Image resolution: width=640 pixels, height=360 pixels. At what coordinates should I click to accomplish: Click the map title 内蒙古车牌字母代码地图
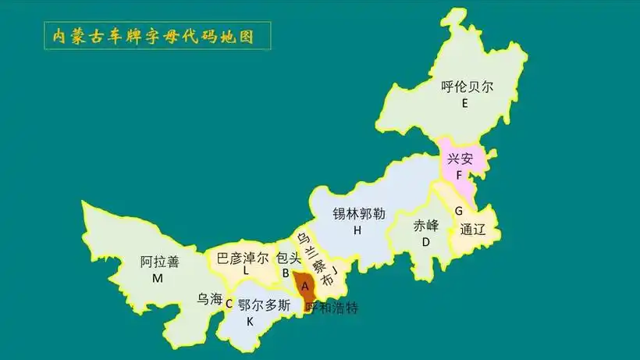tap(148, 36)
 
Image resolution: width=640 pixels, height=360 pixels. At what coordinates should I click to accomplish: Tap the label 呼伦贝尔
tap(467, 87)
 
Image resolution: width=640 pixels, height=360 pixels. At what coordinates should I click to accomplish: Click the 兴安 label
tap(460, 159)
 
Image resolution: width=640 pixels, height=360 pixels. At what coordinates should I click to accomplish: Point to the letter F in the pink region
tap(459, 176)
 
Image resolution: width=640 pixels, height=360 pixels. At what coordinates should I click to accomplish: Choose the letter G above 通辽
tap(459, 212)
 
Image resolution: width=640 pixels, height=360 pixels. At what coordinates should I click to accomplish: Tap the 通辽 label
tap(473, 230)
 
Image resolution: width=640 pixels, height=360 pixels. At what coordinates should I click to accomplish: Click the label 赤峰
tap(426, 226)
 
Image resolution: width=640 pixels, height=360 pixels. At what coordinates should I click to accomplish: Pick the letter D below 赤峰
tap(426, 242)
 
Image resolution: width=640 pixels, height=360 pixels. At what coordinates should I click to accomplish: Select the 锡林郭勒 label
tap(359, 213)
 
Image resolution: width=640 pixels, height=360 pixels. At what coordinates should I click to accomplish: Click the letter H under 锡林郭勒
tap(357, 230)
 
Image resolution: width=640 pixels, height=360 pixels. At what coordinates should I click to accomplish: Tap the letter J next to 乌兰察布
tap(335, 271)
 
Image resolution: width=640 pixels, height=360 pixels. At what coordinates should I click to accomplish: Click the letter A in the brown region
tap(305, 286)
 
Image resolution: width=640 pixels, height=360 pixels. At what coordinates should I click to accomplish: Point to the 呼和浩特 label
tap(332, 308)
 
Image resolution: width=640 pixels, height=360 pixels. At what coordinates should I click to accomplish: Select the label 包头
tap(288, 257)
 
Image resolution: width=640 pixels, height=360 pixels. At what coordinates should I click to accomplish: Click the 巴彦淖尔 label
tap(242, 257)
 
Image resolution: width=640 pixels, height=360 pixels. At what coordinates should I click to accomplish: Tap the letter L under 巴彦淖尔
tap(246, 272)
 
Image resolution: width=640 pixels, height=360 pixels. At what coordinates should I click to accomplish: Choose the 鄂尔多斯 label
tap(264, 305)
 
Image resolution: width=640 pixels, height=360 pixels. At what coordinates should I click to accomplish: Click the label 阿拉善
tap(160, 262)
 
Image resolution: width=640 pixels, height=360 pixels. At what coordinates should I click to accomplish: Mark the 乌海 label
tap(210, 298)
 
